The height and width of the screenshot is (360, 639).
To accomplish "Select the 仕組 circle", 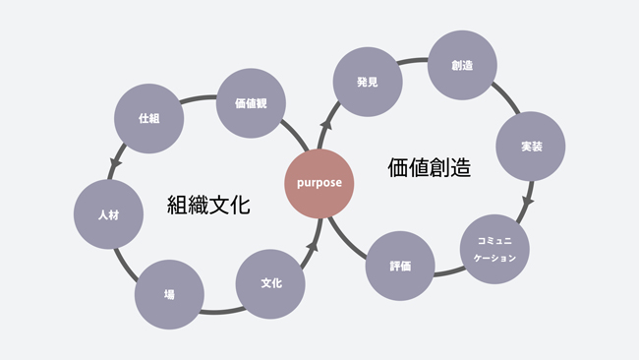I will pyautogui.click(x=148, y=119).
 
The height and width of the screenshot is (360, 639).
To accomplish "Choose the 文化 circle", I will pyautogui.click(x=270, y=283).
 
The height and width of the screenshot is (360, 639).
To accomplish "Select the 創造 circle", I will pyautogui.click(x=462, y=65).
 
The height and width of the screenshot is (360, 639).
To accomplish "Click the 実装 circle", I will pyautogui.click(x=531, y=146).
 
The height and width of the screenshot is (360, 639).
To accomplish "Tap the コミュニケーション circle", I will pyautogui.click(x=495, y=249).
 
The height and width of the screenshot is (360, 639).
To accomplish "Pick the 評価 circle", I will pyautogui.click(x=399, y=266).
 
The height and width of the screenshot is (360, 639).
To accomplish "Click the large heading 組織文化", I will pyautogui.click(x=209, y=207).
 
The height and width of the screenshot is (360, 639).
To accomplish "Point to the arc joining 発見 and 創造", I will pyautogui.click(x=413, y=66).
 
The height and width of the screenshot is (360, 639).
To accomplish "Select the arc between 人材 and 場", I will pyautogui.click(x=126, y=261).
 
